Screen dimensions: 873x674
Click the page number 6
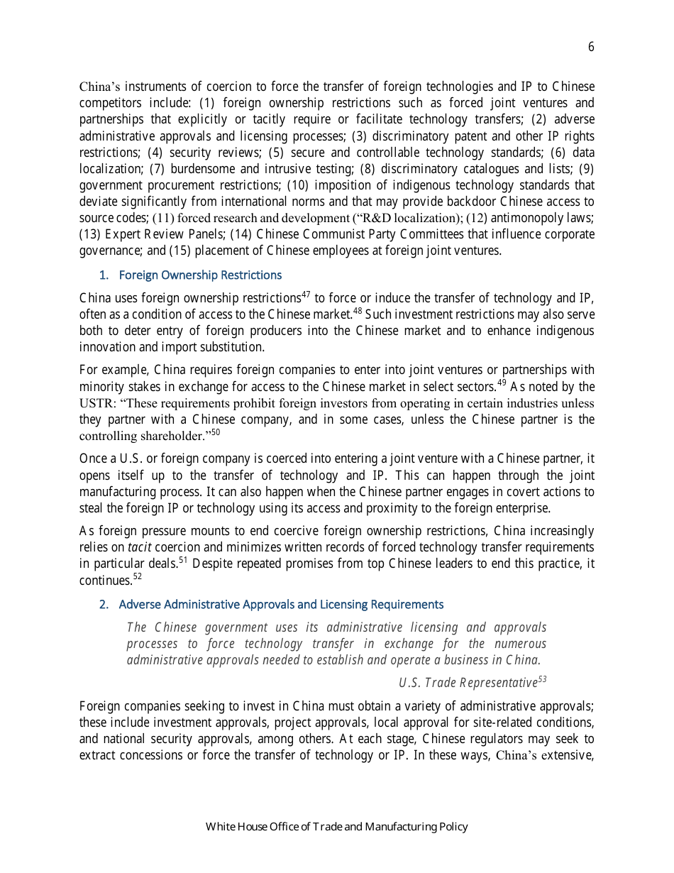click(x=591, y=48)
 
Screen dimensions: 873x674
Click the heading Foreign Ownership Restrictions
click(x=200, y=275)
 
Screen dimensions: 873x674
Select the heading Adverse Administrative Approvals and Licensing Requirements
click(x=281, y=604)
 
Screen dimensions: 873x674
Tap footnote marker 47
click(x=306, y=294)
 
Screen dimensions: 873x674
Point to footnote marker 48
click(x=358, y=310)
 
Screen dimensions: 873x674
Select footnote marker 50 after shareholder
click(x=216, y=432)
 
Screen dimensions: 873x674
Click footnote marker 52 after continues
click(x=138, y=576)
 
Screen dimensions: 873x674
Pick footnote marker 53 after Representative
click(x=542, y=679)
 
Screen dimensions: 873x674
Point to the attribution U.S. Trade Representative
click(x=468, y=683)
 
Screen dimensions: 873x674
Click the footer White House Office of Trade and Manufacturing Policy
click(x=337, y=826)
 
